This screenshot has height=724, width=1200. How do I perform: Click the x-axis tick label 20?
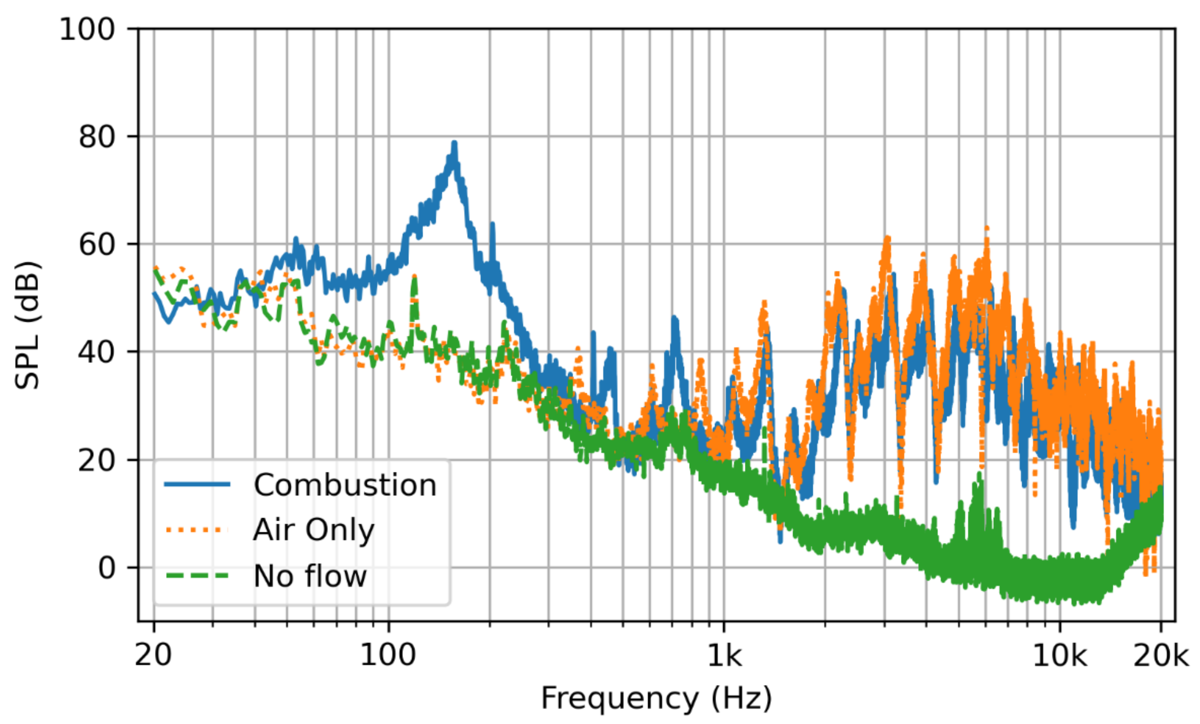pos(153,655)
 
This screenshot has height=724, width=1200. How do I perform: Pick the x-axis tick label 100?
pos(388,655)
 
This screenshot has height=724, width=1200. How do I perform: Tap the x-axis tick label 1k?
pos(724,655)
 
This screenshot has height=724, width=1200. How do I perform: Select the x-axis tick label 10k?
pos(1059,655)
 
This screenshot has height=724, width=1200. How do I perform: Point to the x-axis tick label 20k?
pos(1161,655)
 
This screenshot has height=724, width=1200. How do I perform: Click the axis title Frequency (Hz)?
pos(656,698)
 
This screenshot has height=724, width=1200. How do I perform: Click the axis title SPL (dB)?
pos(27,325)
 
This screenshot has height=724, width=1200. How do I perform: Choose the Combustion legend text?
pos(345,485)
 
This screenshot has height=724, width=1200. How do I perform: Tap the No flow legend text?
pos(310,576)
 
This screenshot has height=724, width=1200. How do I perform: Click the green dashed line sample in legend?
pos(197,576)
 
